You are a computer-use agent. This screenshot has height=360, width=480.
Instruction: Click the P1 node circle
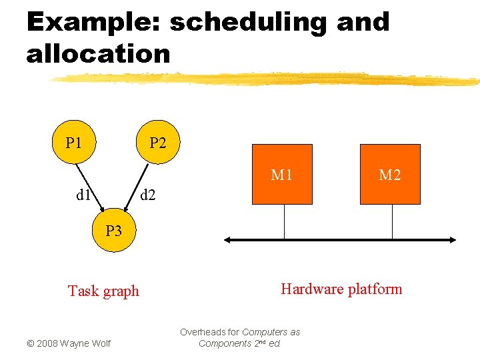74,143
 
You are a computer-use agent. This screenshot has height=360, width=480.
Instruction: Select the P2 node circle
158,143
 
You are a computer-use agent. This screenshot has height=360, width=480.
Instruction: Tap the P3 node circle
113,231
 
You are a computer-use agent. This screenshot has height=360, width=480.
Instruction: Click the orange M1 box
282,174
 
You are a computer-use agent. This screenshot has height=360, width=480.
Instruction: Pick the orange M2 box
390,174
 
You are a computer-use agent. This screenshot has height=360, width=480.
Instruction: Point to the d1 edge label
83,196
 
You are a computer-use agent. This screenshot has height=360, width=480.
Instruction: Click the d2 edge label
147,196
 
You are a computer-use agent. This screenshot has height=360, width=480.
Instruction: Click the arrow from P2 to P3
137,188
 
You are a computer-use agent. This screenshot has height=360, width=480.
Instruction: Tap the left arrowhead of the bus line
228,240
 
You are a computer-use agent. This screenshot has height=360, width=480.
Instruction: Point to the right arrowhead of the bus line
453,240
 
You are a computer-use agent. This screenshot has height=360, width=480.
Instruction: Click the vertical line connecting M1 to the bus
284,221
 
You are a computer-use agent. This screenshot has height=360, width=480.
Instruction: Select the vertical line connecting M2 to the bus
392,221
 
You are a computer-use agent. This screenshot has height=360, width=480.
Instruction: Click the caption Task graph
103,291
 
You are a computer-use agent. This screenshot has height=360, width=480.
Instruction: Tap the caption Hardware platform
341,289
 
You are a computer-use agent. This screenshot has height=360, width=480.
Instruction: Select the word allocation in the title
98,53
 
